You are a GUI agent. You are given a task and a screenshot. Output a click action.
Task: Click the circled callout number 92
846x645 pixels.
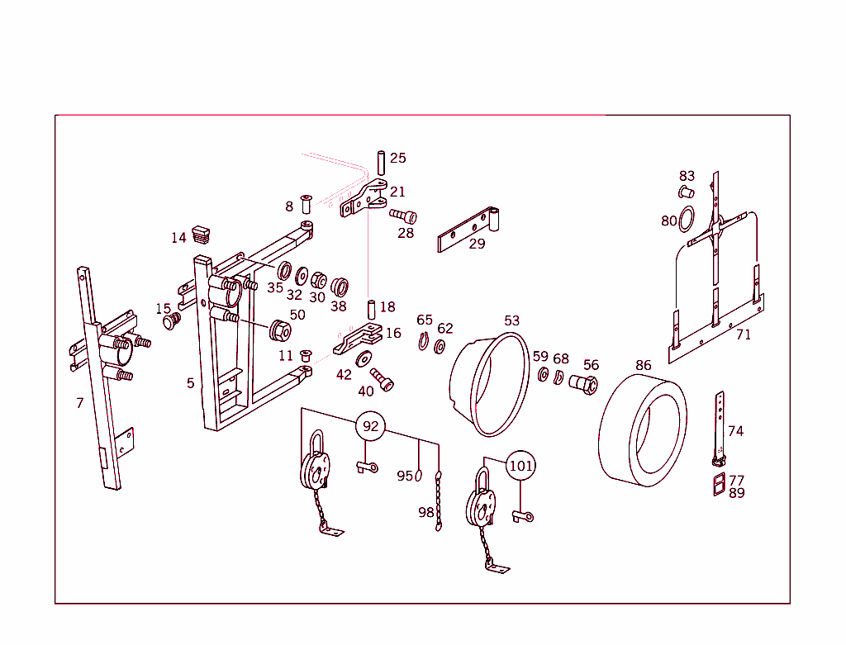tap(370, 426)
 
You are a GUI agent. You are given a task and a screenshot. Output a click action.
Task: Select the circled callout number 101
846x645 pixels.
tap(520, 466)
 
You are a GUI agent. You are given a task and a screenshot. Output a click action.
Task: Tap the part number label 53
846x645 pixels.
tap(511, 321)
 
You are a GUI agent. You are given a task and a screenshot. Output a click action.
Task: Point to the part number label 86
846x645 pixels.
tap(643, 366)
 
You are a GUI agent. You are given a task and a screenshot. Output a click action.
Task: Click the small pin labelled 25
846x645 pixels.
tap(381, 163)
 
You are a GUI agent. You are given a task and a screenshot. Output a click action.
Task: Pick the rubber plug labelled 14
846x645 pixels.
tap(201, 235)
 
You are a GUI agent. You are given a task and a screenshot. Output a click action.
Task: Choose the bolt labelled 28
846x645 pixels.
tap(403, 216)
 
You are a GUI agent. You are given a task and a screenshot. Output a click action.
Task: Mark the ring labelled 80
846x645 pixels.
tap(687, 219)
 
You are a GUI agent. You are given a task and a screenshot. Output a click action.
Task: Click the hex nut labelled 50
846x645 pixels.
tap(280, 330)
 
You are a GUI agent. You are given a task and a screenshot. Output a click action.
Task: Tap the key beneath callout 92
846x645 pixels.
tap(368, 467)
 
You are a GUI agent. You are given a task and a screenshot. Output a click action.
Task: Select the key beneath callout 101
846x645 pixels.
tap(523, 517)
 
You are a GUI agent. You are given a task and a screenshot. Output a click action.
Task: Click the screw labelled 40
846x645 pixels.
tap(382, 380)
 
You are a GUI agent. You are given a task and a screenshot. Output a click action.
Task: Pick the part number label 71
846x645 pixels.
tap(744, 335)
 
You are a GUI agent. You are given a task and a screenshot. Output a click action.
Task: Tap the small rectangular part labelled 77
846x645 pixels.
tap(720, 484)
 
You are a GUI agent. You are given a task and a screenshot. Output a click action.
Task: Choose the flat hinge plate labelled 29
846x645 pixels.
tap(468, 230)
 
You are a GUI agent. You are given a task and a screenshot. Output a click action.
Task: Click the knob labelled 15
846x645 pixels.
tap(172, 321)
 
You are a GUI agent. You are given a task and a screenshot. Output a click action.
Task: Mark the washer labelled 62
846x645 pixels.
tap(440, 347)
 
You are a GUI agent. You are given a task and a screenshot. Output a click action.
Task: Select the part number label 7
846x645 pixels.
tap(80, 403)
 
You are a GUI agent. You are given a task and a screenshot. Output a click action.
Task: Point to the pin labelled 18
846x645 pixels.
tap(371, 310)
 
